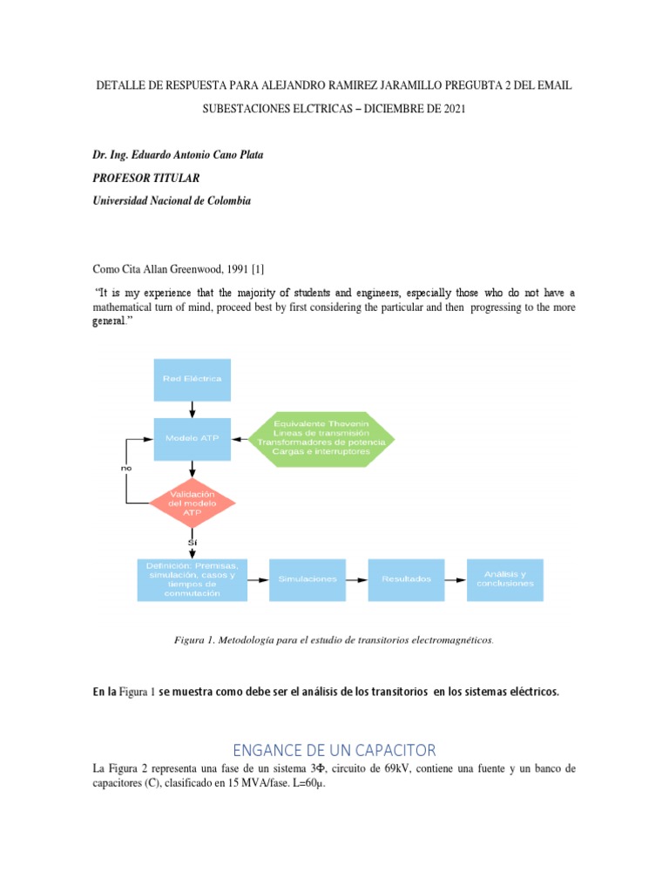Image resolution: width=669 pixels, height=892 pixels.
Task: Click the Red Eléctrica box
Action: click(x=193, y=379)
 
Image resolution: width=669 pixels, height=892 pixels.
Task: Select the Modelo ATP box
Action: click(x=193, y=438)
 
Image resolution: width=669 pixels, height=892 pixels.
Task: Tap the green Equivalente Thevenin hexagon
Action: click(x=321, y=438)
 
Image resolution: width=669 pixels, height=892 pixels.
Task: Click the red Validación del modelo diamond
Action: click(x=193, y=503)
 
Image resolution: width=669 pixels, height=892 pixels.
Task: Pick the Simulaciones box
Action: click(x=307, y=579)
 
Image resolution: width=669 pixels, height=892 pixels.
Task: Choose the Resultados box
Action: click(x=406, y=579)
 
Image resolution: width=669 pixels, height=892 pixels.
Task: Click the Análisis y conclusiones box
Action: click(x=505, y=579)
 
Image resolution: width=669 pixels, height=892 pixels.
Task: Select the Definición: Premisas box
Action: click(x=192, y=579)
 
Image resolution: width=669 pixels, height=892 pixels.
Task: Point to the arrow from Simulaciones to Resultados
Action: click(x=357, y=579)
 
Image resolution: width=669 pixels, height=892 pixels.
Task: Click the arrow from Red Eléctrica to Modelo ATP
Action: click(x=193, y=409)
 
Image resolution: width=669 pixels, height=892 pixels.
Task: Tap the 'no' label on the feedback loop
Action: click(x=126, y=468)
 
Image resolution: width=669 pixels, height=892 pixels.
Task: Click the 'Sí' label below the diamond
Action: click(x=193, y=543)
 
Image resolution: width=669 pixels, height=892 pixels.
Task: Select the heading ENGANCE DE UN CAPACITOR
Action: click(x=334, y=750)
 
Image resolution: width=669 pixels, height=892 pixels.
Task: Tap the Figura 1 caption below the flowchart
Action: click(x=334, y=640)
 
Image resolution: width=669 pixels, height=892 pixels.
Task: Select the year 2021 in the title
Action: click(x=451, y=110)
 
